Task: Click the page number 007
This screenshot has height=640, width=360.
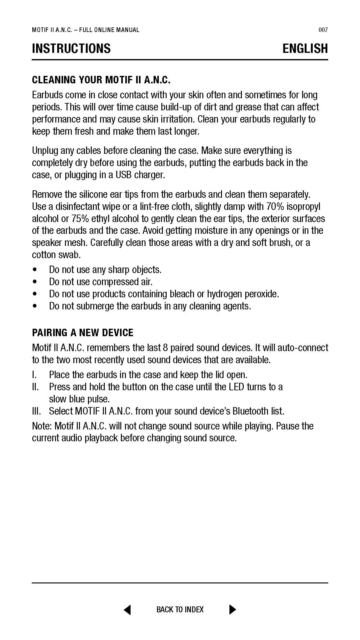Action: click(x=323, y=30)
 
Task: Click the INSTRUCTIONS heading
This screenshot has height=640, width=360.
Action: click(x=71, y=49)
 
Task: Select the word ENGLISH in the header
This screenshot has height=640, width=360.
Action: click(x=305, y=49)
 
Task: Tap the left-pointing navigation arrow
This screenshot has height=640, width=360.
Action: click(x=127, y=610)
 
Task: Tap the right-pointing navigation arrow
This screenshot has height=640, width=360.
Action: click(x=233, y=610)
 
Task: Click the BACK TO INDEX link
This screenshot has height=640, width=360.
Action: click(x=180, y=610)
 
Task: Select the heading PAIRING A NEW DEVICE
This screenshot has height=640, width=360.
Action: click(x=83, y=333)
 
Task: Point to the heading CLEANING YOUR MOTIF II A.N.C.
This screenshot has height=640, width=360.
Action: click(x=101, y=80)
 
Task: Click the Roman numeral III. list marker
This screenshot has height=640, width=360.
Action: click(x=36, y=411)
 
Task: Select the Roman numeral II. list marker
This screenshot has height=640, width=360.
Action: click(x=35, y=387)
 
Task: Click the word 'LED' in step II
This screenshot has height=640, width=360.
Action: click(x=237, y=387)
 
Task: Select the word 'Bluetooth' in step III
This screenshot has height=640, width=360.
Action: click(x=251, y=411)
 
